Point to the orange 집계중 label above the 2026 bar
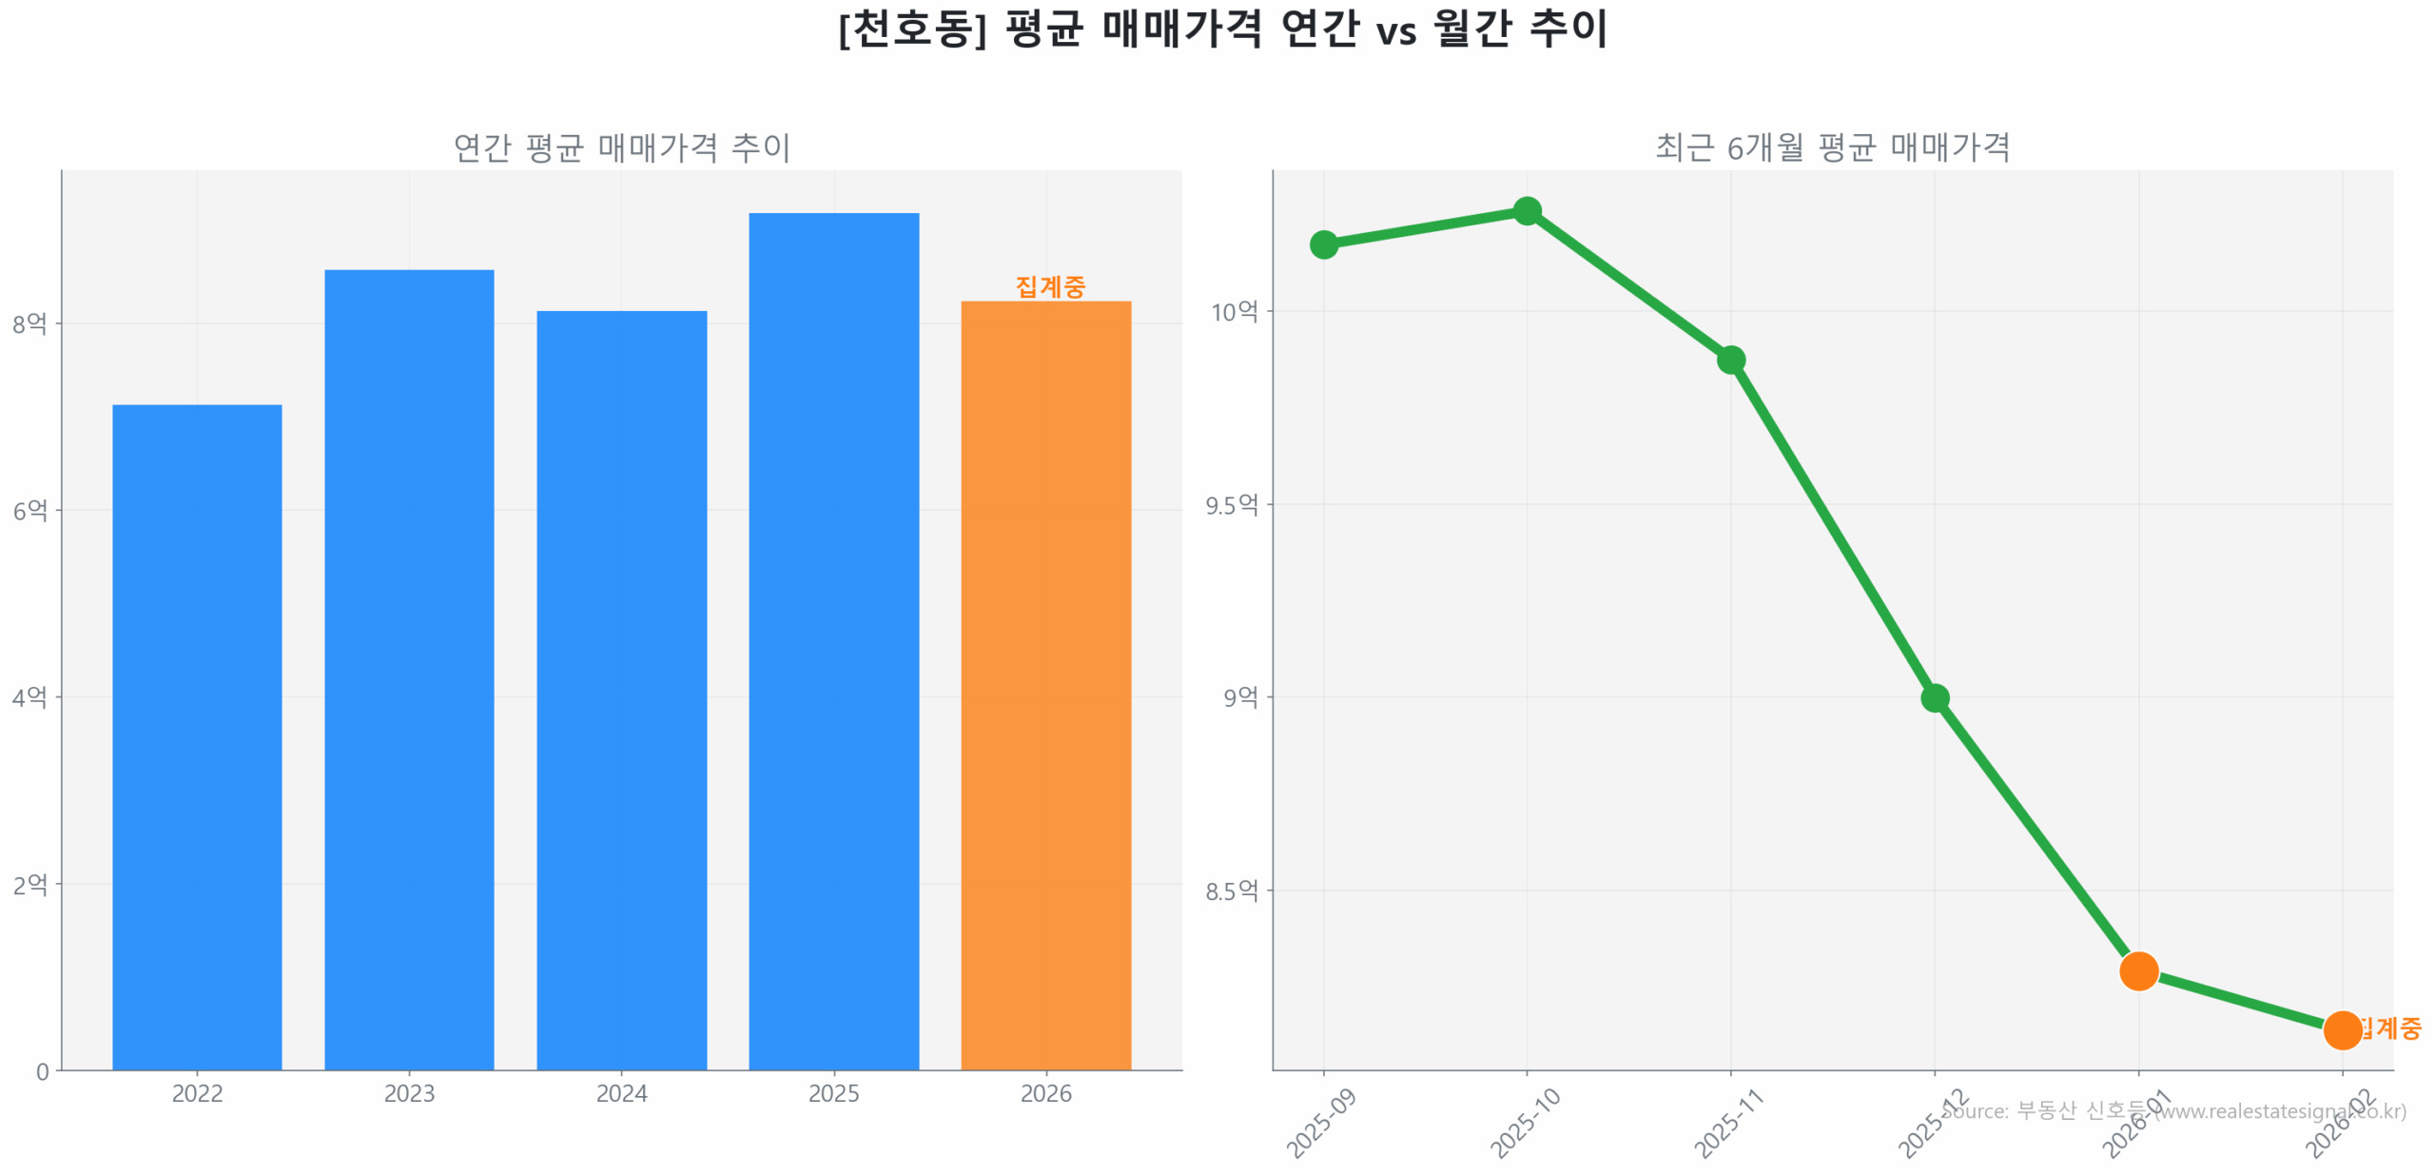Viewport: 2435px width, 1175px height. tap(1049, 285)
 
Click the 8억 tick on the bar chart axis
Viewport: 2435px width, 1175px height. tap(29, 323)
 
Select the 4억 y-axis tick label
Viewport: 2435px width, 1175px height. tap(29, 696)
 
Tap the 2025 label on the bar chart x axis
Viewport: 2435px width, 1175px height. tap(833, 1093)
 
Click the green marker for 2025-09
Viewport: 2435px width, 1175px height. tap(1323, 245)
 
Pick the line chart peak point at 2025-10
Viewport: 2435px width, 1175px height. tap(1527, 210)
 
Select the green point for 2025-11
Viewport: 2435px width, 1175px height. tap(1730, 360)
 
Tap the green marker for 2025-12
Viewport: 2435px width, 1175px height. tap(1934, 697)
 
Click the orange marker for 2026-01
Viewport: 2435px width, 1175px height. tap(2138, 970)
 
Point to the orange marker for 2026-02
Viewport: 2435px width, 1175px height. tap(2341, 1029)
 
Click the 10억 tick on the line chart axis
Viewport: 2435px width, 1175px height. tap(1233, 311)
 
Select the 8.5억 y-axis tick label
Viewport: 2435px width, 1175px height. tap(1231, 891)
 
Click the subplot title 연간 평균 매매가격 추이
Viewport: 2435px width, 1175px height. tap(621, 147)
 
